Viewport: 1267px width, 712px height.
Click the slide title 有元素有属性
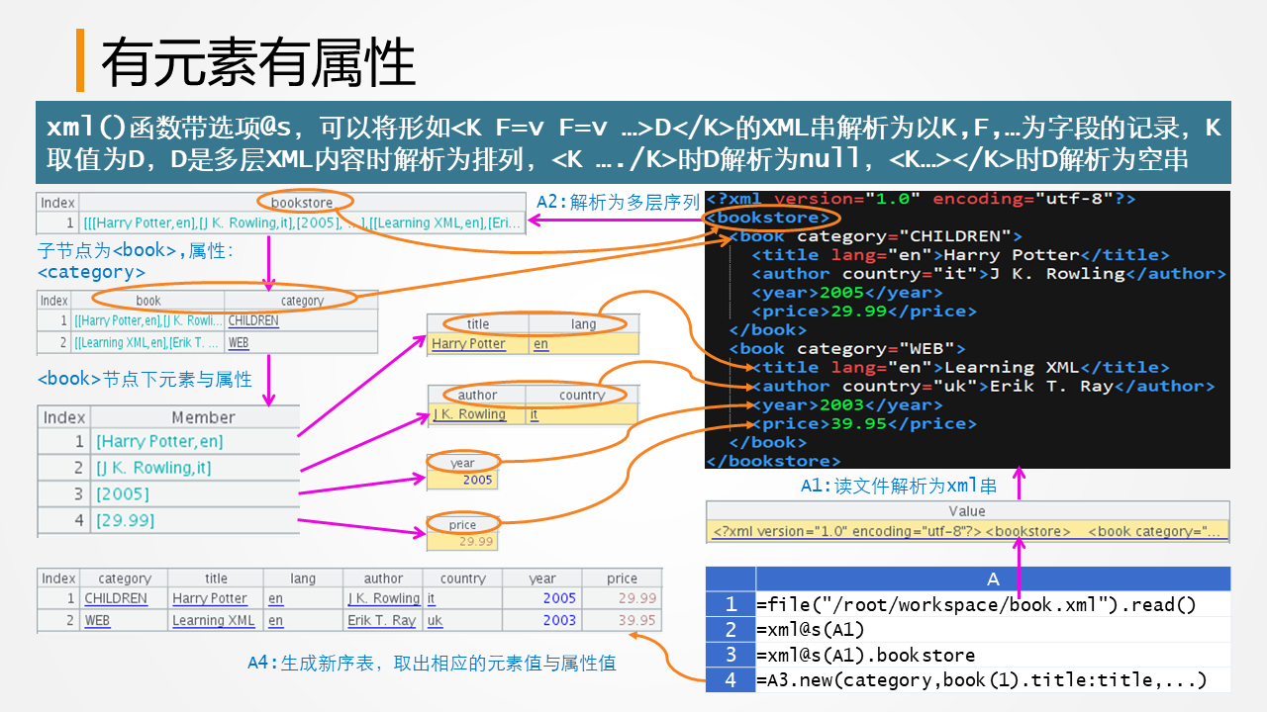click(x=257, y=62)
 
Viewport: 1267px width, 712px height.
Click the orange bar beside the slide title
click(x=80, y=60)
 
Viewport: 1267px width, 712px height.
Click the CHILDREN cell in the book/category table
click(x=252, y=321)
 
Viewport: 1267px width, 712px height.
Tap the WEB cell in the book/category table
click(x=238, y=343)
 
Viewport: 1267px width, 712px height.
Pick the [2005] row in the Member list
click(x=123, y=493)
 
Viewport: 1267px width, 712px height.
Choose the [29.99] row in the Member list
click(x=125, y=520)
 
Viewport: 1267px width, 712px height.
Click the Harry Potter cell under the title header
click(x=468, y=344)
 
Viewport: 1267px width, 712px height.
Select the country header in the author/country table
click(x=582, y=395)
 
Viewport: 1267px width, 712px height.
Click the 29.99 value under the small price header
click(x=476, y=541)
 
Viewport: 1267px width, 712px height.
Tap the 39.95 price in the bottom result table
click(x=636, y=621)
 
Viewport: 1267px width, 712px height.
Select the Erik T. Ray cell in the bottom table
click(x=381, y=621)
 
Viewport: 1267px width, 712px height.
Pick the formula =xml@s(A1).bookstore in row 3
click(x=865, y=655)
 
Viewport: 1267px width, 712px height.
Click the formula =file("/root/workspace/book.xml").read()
click(x=976, y=605)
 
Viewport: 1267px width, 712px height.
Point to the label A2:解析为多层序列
click(x=619, y=202)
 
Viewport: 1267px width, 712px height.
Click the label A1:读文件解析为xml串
click(x=898, y=486)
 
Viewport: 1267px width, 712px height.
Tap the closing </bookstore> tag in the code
click(x=773, y=461)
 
